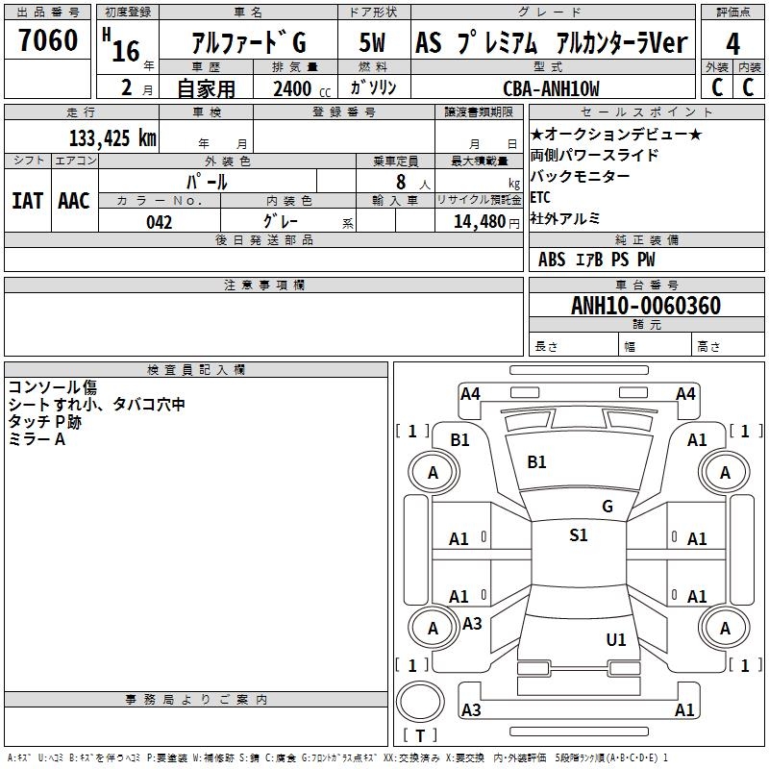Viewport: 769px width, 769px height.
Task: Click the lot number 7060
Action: click(x=48, y=41)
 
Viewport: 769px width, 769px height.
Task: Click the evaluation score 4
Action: click(x=732, y=43)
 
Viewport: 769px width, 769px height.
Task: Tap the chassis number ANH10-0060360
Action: click(x=646, y=306)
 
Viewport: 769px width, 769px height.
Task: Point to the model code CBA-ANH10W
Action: click(x=551, y=88)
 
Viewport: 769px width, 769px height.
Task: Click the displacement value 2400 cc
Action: click(x=298, y=88)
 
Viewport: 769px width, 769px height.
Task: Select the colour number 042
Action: click(x=159, y=222)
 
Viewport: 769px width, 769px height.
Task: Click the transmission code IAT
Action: click(x=27, y=200)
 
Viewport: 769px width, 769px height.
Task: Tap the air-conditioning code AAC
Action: click(x=74, y=200)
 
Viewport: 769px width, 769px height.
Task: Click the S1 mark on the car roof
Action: click(x=578, y=535)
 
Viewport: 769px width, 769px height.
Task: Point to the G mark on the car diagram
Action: click(x=607, y=506)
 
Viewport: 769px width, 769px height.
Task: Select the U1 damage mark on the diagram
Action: click(x=616, y=639)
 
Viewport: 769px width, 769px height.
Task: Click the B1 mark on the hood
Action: click(x=536, y=462)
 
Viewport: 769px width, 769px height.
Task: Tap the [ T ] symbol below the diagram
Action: click(x=419, y=735)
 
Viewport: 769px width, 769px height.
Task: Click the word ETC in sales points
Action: click(x=540, y=197)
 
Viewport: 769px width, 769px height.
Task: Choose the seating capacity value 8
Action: click(x=401, y=182)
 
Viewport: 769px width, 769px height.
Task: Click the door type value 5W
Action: click(x=373, y=43)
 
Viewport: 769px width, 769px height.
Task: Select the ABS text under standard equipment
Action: click(x=552, y=260)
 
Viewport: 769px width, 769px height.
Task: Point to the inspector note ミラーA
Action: click(x=37, y=439)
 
